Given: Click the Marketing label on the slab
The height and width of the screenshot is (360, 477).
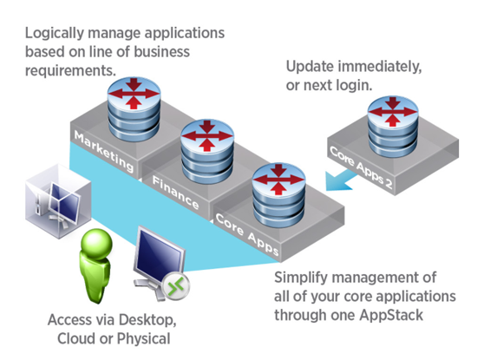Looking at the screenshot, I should pyautogui.click(x=103, y=152).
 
